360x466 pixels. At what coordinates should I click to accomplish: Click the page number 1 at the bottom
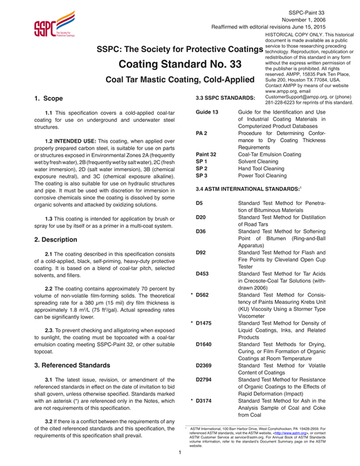[x=179, y=454]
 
